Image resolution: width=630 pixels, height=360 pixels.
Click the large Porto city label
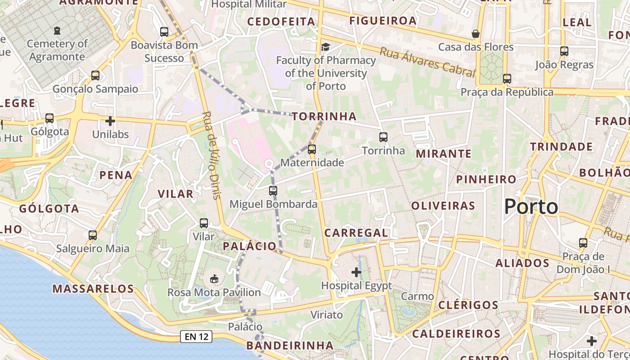[x=531, y=207]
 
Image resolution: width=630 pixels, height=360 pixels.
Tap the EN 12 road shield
[x=196, y=337]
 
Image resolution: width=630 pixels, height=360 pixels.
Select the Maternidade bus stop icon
[x=311, y=149]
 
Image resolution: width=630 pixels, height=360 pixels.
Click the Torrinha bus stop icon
[x=383, y=137]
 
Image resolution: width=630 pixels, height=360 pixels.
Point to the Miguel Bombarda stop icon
[x=273, y=190]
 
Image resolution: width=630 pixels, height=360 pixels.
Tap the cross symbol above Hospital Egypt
[x=356, y=272]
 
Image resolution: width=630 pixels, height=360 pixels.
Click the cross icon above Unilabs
[x=110, y=121]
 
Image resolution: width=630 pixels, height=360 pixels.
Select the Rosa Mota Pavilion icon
[x=214, y=279]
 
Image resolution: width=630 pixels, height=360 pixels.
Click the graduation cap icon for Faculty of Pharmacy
[x=325, y=47]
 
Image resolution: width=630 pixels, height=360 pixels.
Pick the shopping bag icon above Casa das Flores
[x=475, y=34]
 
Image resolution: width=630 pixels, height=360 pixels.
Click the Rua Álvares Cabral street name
[x=427, y=62]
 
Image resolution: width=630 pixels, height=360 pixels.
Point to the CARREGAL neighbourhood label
[x=356, y=233]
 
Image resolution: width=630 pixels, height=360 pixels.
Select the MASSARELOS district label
[x=93, y=288]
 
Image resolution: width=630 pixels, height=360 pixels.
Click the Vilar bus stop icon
[x=204, y=223]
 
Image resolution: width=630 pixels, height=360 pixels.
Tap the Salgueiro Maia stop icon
[x=93, y=235]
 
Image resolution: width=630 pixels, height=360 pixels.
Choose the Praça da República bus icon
[x=507, y=78]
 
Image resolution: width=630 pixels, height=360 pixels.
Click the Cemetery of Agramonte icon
[x=57, y=31]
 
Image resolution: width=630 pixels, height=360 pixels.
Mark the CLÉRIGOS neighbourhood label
[x=468, y=305]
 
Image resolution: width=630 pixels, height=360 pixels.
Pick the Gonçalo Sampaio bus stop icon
[x=95, y=75]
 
